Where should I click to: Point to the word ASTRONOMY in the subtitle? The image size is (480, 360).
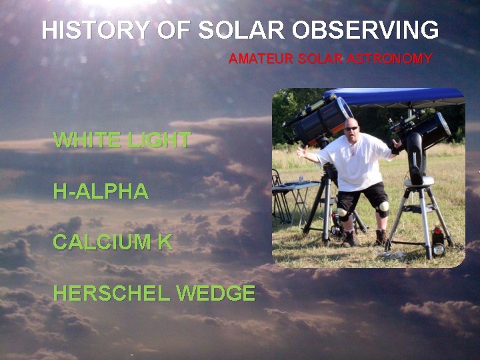click(x=394, y=59)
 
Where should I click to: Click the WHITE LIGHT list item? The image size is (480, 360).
click(x=121, y=140)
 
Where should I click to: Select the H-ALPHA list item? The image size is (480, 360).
click(x=101, y=192)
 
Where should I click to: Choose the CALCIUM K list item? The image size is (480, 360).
click(x=112, y=242)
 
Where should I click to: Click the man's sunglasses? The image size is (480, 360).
click(x=351, y=128)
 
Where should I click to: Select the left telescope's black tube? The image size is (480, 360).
click(x=320, y=120)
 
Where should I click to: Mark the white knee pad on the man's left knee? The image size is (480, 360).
click(x=383, y=207)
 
